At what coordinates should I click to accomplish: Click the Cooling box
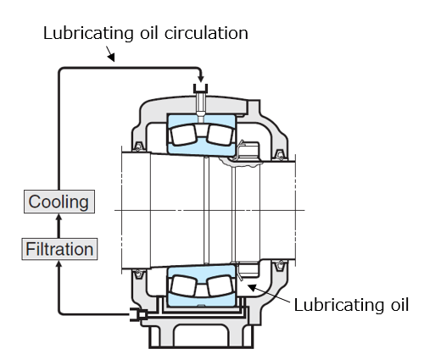(x=59, y=202)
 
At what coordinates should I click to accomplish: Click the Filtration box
(x=59, y=249)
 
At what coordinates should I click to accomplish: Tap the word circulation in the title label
(x=206, y=33)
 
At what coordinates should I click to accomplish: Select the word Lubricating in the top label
(x=88, y=34)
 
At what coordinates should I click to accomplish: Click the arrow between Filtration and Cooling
(x=59, y=225)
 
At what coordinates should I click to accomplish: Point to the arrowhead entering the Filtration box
(x=59, y=263)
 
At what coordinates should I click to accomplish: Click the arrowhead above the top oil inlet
(x=201, y=79)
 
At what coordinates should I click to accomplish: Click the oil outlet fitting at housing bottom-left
(x=138, y=314)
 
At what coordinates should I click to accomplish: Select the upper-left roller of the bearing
(x=183, y=135)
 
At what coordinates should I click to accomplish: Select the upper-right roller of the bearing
(x=220, y=135)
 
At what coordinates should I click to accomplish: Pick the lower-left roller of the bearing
(x=183, y=285)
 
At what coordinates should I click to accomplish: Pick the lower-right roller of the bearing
(x=220, y=285)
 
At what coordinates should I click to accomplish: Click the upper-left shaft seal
(x=137, y=147)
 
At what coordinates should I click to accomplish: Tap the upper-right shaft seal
(x=280, y=155)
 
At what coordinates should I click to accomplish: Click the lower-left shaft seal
(x=137, y=274)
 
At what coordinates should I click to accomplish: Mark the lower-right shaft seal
(x=280, y=266)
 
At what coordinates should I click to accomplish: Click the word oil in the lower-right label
(x=399, y=305)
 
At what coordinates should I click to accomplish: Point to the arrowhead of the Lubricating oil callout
(x=252, y=288)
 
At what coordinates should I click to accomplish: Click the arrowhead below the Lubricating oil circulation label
(x=112, y=58)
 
